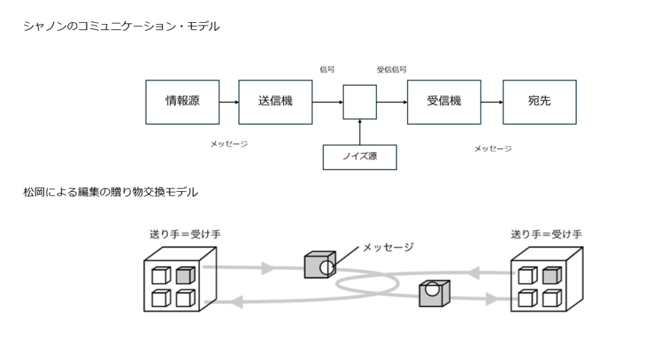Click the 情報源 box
182,102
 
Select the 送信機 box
275,102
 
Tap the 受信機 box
444,102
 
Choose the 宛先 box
539,102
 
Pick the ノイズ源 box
359,157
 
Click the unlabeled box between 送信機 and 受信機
359,102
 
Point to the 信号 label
327,69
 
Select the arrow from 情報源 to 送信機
228,102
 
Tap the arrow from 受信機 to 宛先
491,102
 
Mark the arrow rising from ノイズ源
359,132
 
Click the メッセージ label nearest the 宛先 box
493,149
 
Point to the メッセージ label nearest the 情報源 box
229,143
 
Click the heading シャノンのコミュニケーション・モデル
121,27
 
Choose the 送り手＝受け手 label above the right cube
547,234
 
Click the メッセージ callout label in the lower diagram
388,247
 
